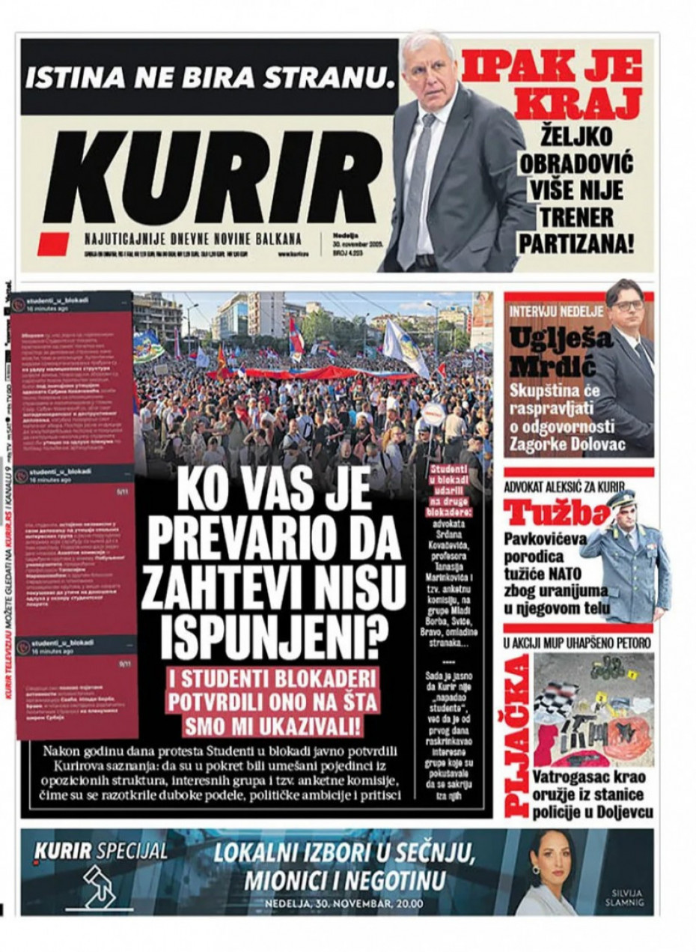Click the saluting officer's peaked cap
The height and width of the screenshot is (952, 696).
620,499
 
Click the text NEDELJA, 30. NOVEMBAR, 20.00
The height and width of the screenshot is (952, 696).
344,903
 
